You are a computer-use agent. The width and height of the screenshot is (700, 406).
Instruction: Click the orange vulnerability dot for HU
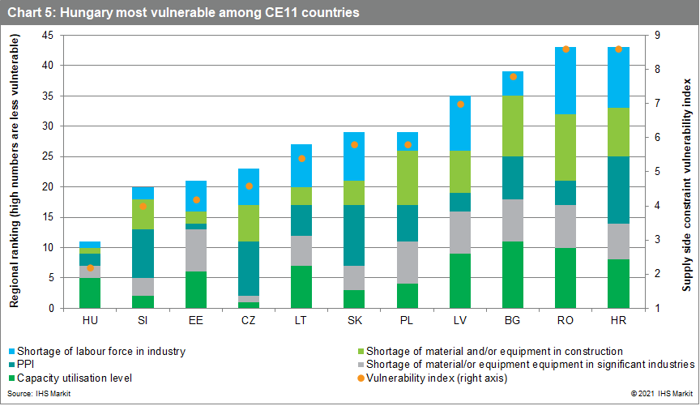(91, 267)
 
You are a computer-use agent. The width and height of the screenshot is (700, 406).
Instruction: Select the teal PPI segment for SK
(355, 235)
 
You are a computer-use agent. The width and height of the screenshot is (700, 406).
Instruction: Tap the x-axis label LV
(460, 320)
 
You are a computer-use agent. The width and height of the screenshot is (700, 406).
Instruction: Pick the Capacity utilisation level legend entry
(74, 378)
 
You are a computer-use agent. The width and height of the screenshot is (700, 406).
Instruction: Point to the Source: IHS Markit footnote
(31, 392)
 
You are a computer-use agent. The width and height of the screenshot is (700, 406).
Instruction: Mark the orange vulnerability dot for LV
(460, 104)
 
